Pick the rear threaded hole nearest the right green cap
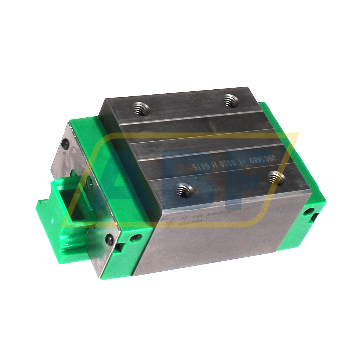(231, 100)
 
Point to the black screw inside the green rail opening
(90, 182)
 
